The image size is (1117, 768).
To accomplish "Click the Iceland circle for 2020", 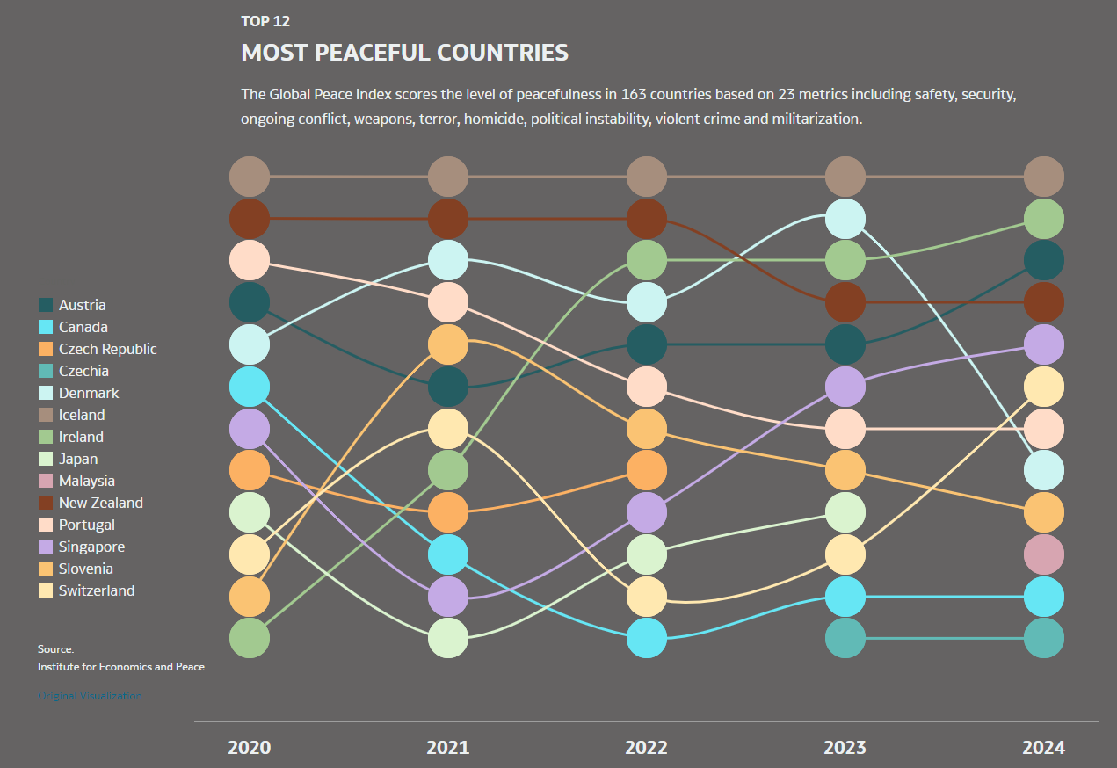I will (250, 177).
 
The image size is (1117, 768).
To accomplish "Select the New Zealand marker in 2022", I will (647, 219).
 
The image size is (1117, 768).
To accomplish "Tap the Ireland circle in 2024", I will (1044, 219).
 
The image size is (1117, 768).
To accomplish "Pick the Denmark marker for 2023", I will (845, 219).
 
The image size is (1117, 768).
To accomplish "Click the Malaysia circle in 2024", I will (1044, 554).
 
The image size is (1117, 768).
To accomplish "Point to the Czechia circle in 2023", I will (845, 639).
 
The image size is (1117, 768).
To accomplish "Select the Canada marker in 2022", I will (647, 639).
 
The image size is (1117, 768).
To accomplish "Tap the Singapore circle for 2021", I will (448, 597).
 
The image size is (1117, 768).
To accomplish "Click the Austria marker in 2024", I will (1044, 261).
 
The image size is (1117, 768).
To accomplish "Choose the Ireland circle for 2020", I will (250, 639).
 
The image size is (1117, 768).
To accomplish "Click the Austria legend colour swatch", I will (46, 305).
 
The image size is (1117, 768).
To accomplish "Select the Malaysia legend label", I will (86, 481).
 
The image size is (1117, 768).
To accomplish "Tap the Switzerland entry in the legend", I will (97, 590).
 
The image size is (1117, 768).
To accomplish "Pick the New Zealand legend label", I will (100, 503).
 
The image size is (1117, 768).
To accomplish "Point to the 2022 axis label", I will (646, 748).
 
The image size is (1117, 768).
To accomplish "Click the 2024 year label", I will (1043, 748).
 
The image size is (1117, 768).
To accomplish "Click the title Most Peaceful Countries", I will (404, 53).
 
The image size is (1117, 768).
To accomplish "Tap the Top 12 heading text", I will (265, 21).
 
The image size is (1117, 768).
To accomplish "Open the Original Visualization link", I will (90, 696).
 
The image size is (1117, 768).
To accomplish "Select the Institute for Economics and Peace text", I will (121, 667).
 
